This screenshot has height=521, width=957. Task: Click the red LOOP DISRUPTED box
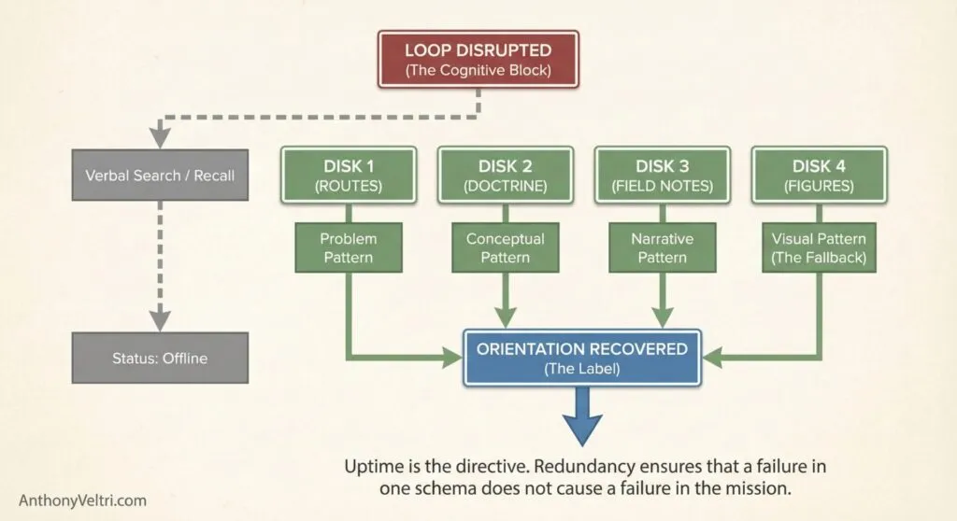478,58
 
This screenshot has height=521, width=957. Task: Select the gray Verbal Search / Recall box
160,176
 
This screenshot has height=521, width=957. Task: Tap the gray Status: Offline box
160,358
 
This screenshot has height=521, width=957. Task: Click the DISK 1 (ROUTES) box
349,175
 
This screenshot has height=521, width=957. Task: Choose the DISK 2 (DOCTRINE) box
506,175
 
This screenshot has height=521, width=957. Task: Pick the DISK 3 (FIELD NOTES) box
662,175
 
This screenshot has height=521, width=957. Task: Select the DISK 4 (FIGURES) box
820,175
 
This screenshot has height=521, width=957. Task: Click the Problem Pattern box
349,247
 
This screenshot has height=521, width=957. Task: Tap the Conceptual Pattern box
506,247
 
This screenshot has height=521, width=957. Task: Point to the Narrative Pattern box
662,247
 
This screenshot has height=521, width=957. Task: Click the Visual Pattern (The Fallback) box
820,247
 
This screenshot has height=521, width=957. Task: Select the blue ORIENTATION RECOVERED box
582,358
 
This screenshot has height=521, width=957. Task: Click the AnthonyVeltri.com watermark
83,500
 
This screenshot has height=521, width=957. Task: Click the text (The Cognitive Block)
478,70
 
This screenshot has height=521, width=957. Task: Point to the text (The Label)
582,370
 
